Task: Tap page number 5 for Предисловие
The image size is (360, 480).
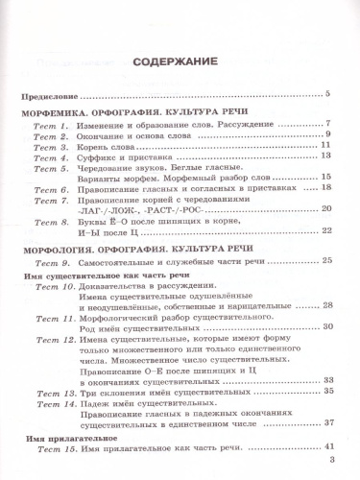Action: pyautogui.click(x=327, y=93)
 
